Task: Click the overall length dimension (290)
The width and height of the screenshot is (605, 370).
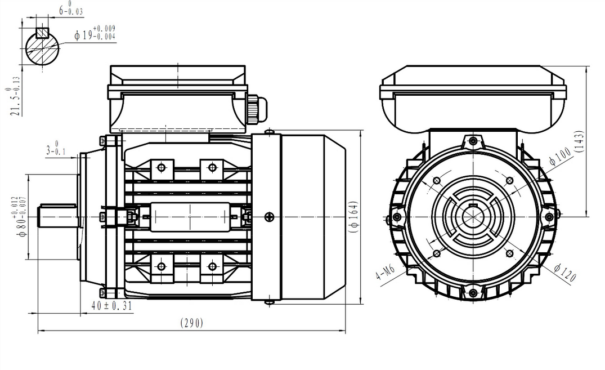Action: coord(192,323)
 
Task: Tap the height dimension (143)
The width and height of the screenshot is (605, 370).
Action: coord(579,141)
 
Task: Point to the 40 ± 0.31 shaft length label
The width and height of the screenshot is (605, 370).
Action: coord(112,306)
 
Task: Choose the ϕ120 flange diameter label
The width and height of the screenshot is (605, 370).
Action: coord(564,272)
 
